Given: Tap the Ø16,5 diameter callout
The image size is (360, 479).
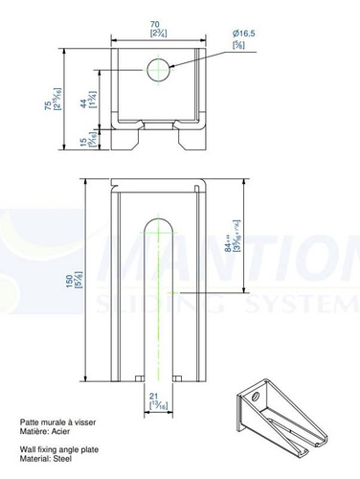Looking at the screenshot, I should pyautogui.click(x=244, y=34).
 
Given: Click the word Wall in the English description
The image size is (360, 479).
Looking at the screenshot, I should pyautogui.click(x=29, y=447).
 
